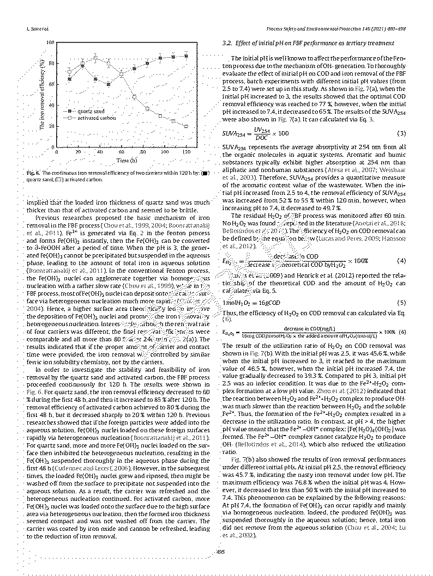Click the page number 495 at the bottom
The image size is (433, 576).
221,553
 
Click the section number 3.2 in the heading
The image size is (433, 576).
228,42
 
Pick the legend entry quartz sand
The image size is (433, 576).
91,111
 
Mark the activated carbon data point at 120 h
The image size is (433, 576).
187,126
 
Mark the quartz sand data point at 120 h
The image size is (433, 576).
187,56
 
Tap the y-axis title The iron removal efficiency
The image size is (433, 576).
42,94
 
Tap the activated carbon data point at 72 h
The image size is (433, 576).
134,97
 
